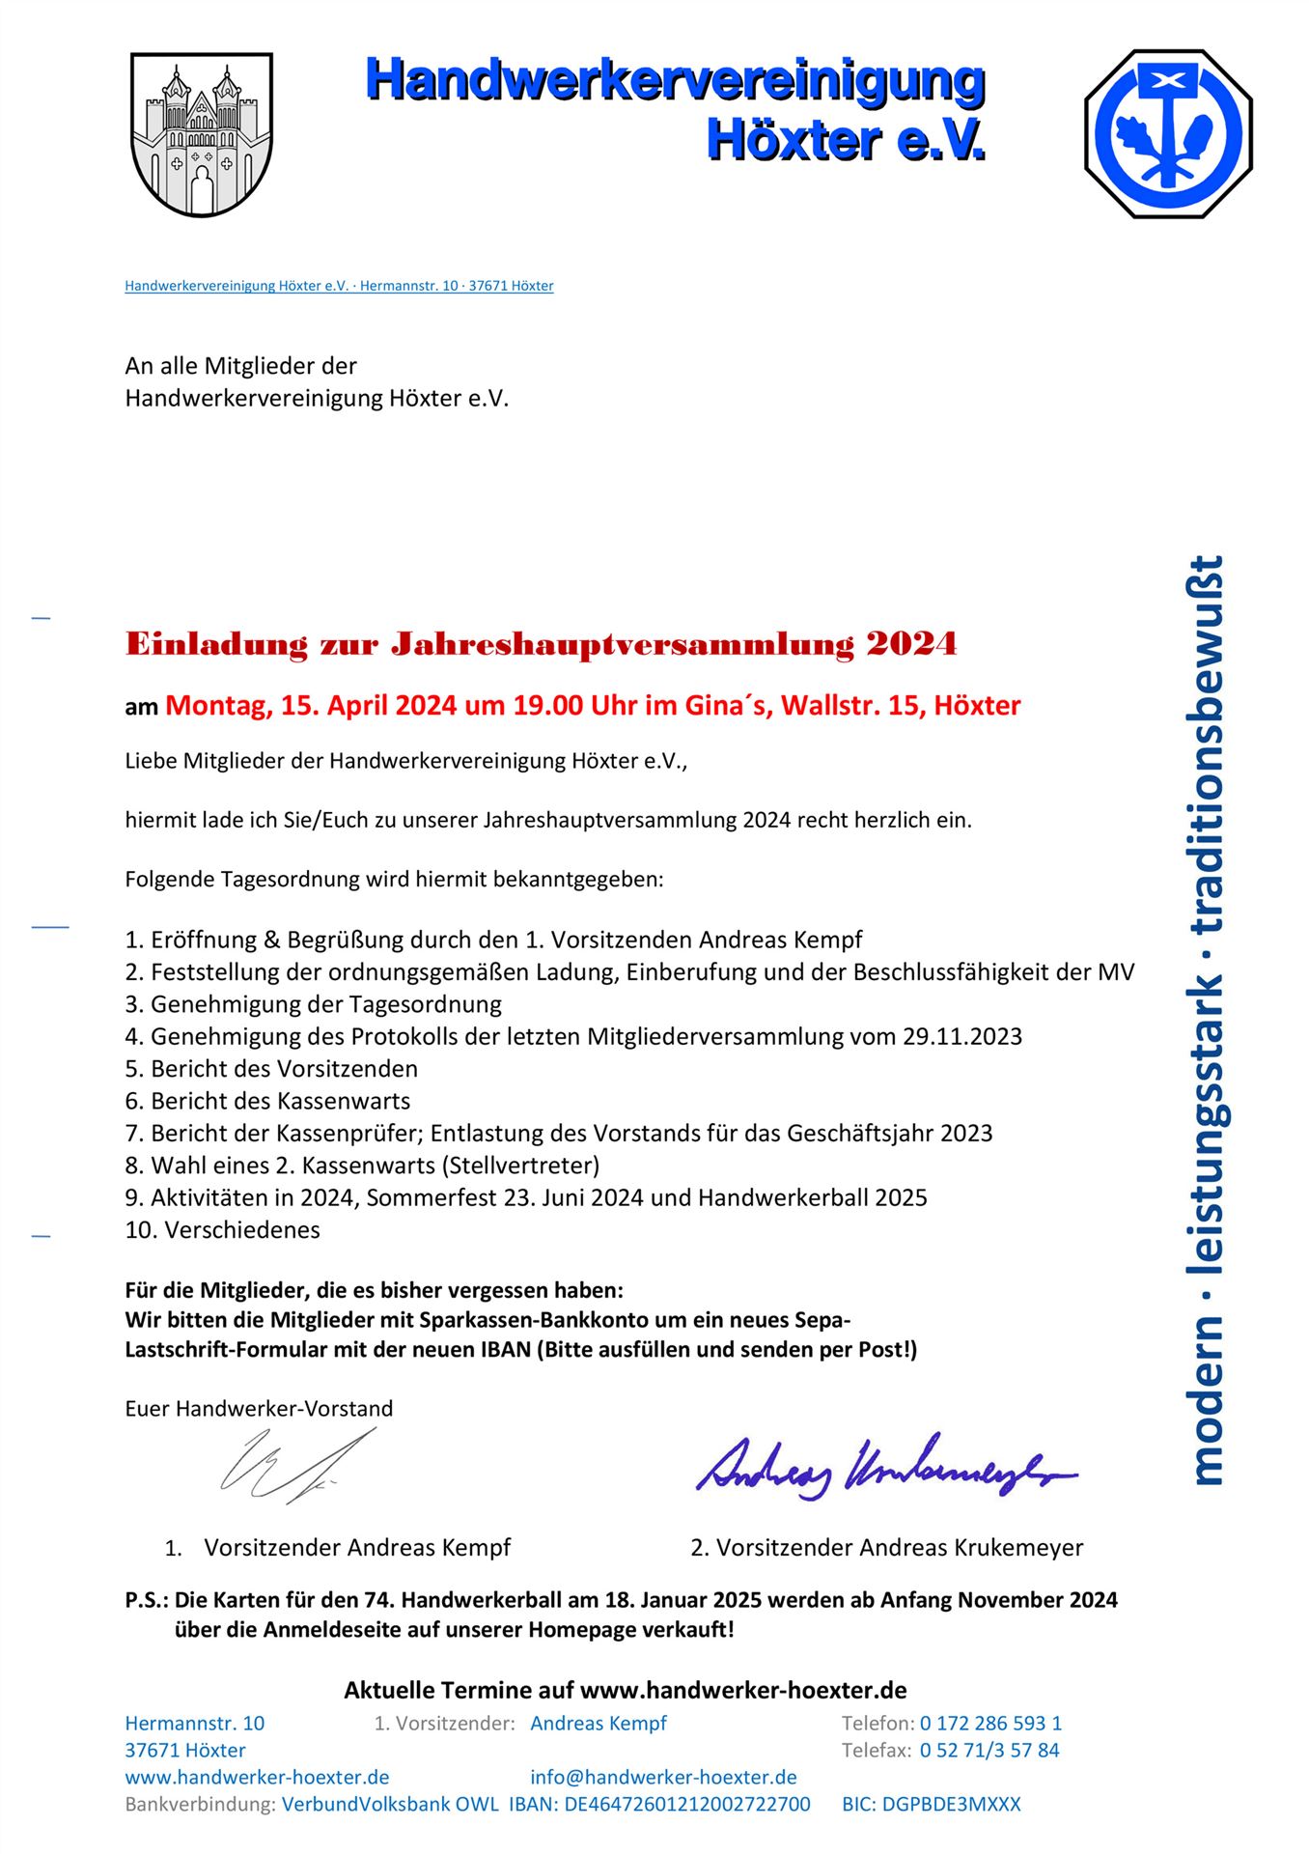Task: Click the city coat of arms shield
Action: (201, 133)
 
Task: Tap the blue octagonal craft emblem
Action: (1168, 133)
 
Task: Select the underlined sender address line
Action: (339, 286)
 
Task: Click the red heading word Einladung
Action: (216, 644)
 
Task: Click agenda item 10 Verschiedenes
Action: (222, 1229)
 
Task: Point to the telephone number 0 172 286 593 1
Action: (990, 1723)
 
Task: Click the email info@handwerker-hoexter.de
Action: (663, 1777)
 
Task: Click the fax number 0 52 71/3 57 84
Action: (989, 1750)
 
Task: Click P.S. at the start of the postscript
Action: (146, 1600)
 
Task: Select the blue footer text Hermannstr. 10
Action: (194, 1723)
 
